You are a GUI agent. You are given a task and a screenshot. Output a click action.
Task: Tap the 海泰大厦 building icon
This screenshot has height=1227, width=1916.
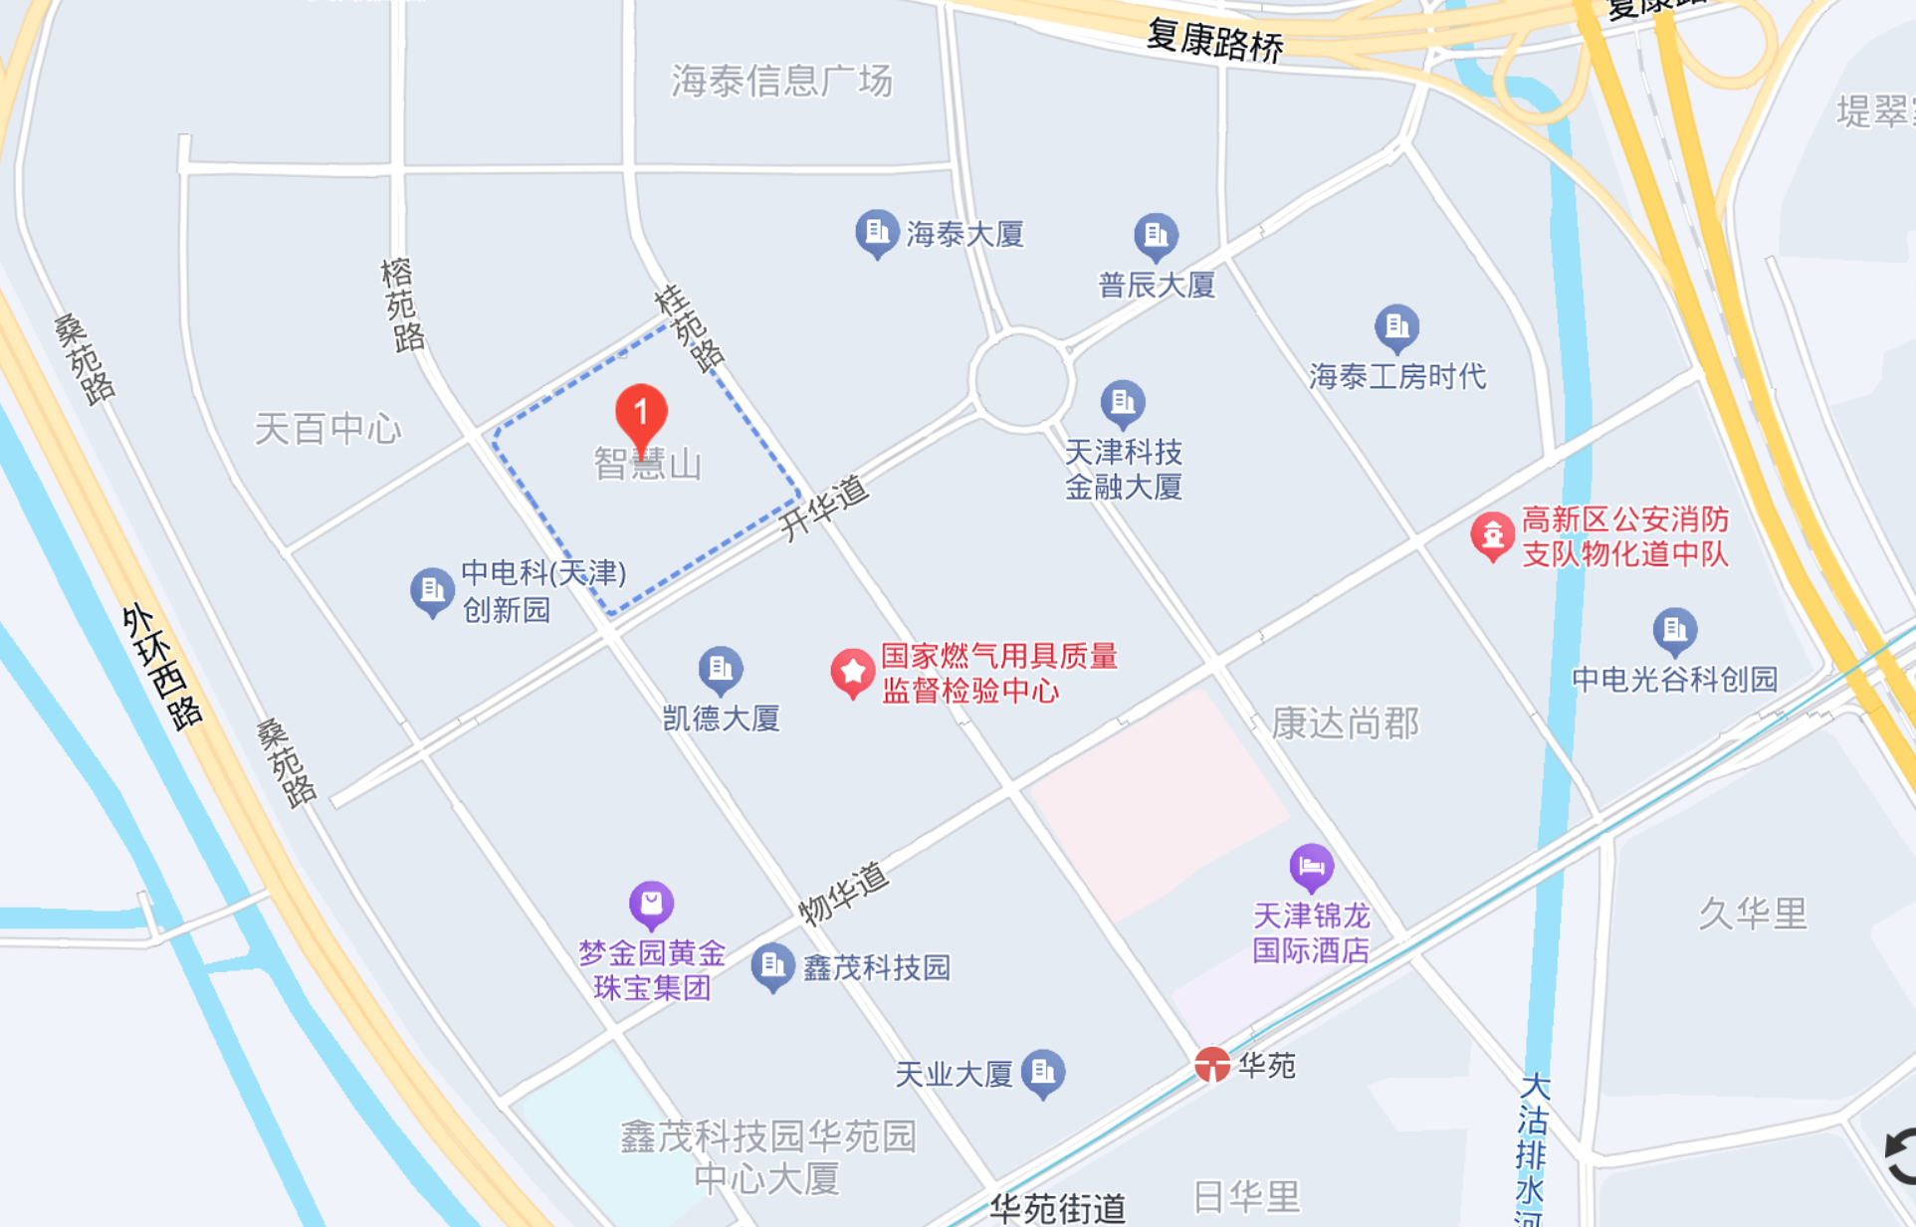coord(877,233)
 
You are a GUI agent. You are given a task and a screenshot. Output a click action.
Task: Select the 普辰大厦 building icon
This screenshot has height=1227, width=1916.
coord(1156,236)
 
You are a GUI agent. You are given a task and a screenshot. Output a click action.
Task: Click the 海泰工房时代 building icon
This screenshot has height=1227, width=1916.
coord(1396,326)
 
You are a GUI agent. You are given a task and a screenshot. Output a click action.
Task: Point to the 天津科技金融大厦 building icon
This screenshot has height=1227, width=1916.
coord(1123,403)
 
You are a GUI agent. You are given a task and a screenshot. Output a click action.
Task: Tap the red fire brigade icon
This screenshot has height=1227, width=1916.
coord(1492,535)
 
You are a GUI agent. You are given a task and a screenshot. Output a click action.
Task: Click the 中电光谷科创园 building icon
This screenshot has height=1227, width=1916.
coord(1674,630)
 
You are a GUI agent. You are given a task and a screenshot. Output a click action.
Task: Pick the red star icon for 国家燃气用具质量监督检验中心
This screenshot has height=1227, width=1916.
coord(852,673)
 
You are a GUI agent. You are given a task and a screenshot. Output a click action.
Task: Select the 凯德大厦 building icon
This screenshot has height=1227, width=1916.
coord(721,669)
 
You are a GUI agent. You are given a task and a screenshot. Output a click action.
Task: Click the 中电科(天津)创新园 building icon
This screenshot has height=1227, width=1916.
coord(432,591)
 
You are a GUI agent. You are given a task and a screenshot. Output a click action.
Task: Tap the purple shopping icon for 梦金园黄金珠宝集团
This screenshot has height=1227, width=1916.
coord(652,904)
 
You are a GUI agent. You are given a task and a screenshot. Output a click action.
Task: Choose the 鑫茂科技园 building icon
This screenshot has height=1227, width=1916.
coord(772,965)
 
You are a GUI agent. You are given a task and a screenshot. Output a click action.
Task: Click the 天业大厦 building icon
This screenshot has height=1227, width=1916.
coord(1043,1072)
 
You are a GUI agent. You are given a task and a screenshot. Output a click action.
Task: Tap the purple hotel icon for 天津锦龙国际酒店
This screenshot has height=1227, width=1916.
coord(1311,867)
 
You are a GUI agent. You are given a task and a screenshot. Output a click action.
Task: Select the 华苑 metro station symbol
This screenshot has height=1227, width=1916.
coord(1212,1065)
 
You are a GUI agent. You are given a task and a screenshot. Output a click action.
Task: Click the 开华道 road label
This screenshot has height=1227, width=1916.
coord(823,508)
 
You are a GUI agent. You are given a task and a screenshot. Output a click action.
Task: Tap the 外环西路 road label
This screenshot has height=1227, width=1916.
coord(162,666)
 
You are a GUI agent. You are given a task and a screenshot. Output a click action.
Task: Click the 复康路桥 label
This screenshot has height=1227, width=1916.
coord(1215,40)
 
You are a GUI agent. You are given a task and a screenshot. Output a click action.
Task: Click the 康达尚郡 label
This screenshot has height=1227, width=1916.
coord(1345,723)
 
